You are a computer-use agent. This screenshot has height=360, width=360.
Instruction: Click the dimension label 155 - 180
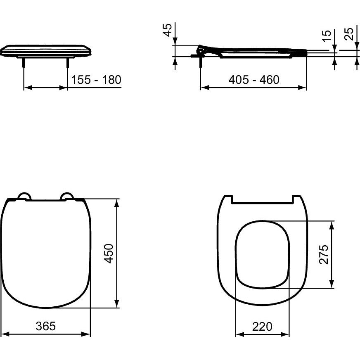[96, 80]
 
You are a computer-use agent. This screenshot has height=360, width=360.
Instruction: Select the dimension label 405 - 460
[254, 80]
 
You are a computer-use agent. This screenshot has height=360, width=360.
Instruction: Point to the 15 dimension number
[327, 36]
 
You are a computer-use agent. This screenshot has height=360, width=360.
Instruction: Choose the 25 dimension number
[349, 34]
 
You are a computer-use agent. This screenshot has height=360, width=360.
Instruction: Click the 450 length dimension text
[109, 253]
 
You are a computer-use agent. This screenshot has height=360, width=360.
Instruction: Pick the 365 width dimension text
[46, 326]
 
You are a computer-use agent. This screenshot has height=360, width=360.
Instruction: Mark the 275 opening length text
[324, 254]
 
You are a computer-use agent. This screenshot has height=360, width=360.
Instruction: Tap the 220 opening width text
[262, 326]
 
